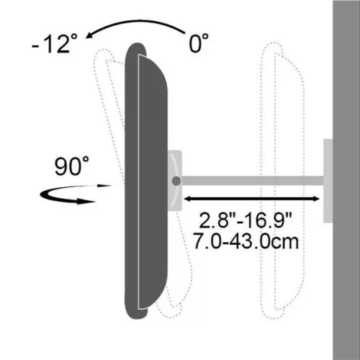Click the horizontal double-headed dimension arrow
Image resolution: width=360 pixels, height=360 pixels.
tap(252, 197)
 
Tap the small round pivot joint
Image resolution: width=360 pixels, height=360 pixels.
tap(176, 181)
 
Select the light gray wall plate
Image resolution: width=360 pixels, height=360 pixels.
tap(328, 180)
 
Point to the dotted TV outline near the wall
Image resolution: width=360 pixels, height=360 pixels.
tap(284, 180)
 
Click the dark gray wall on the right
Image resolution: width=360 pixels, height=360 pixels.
tap(346, 180)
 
